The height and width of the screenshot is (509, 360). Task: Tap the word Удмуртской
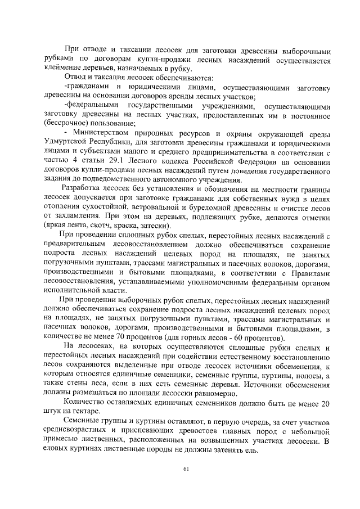click(66, 141)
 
